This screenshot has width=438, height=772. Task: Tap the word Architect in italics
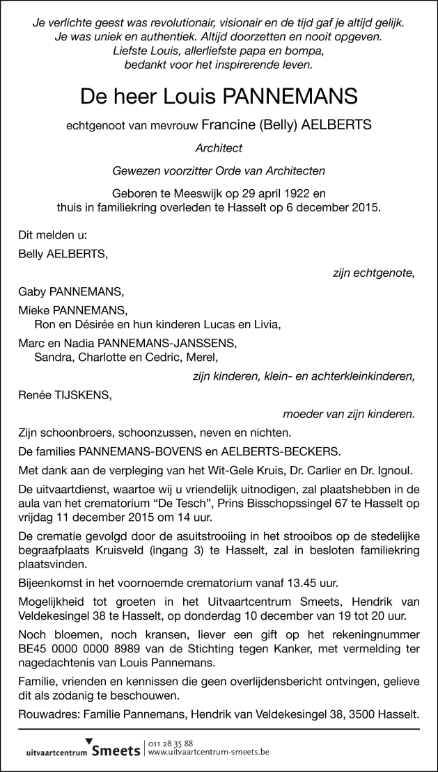click(219, 148)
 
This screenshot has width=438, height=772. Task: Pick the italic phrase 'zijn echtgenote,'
click(375, 273)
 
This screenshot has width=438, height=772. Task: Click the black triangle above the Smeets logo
click(88, 741)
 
